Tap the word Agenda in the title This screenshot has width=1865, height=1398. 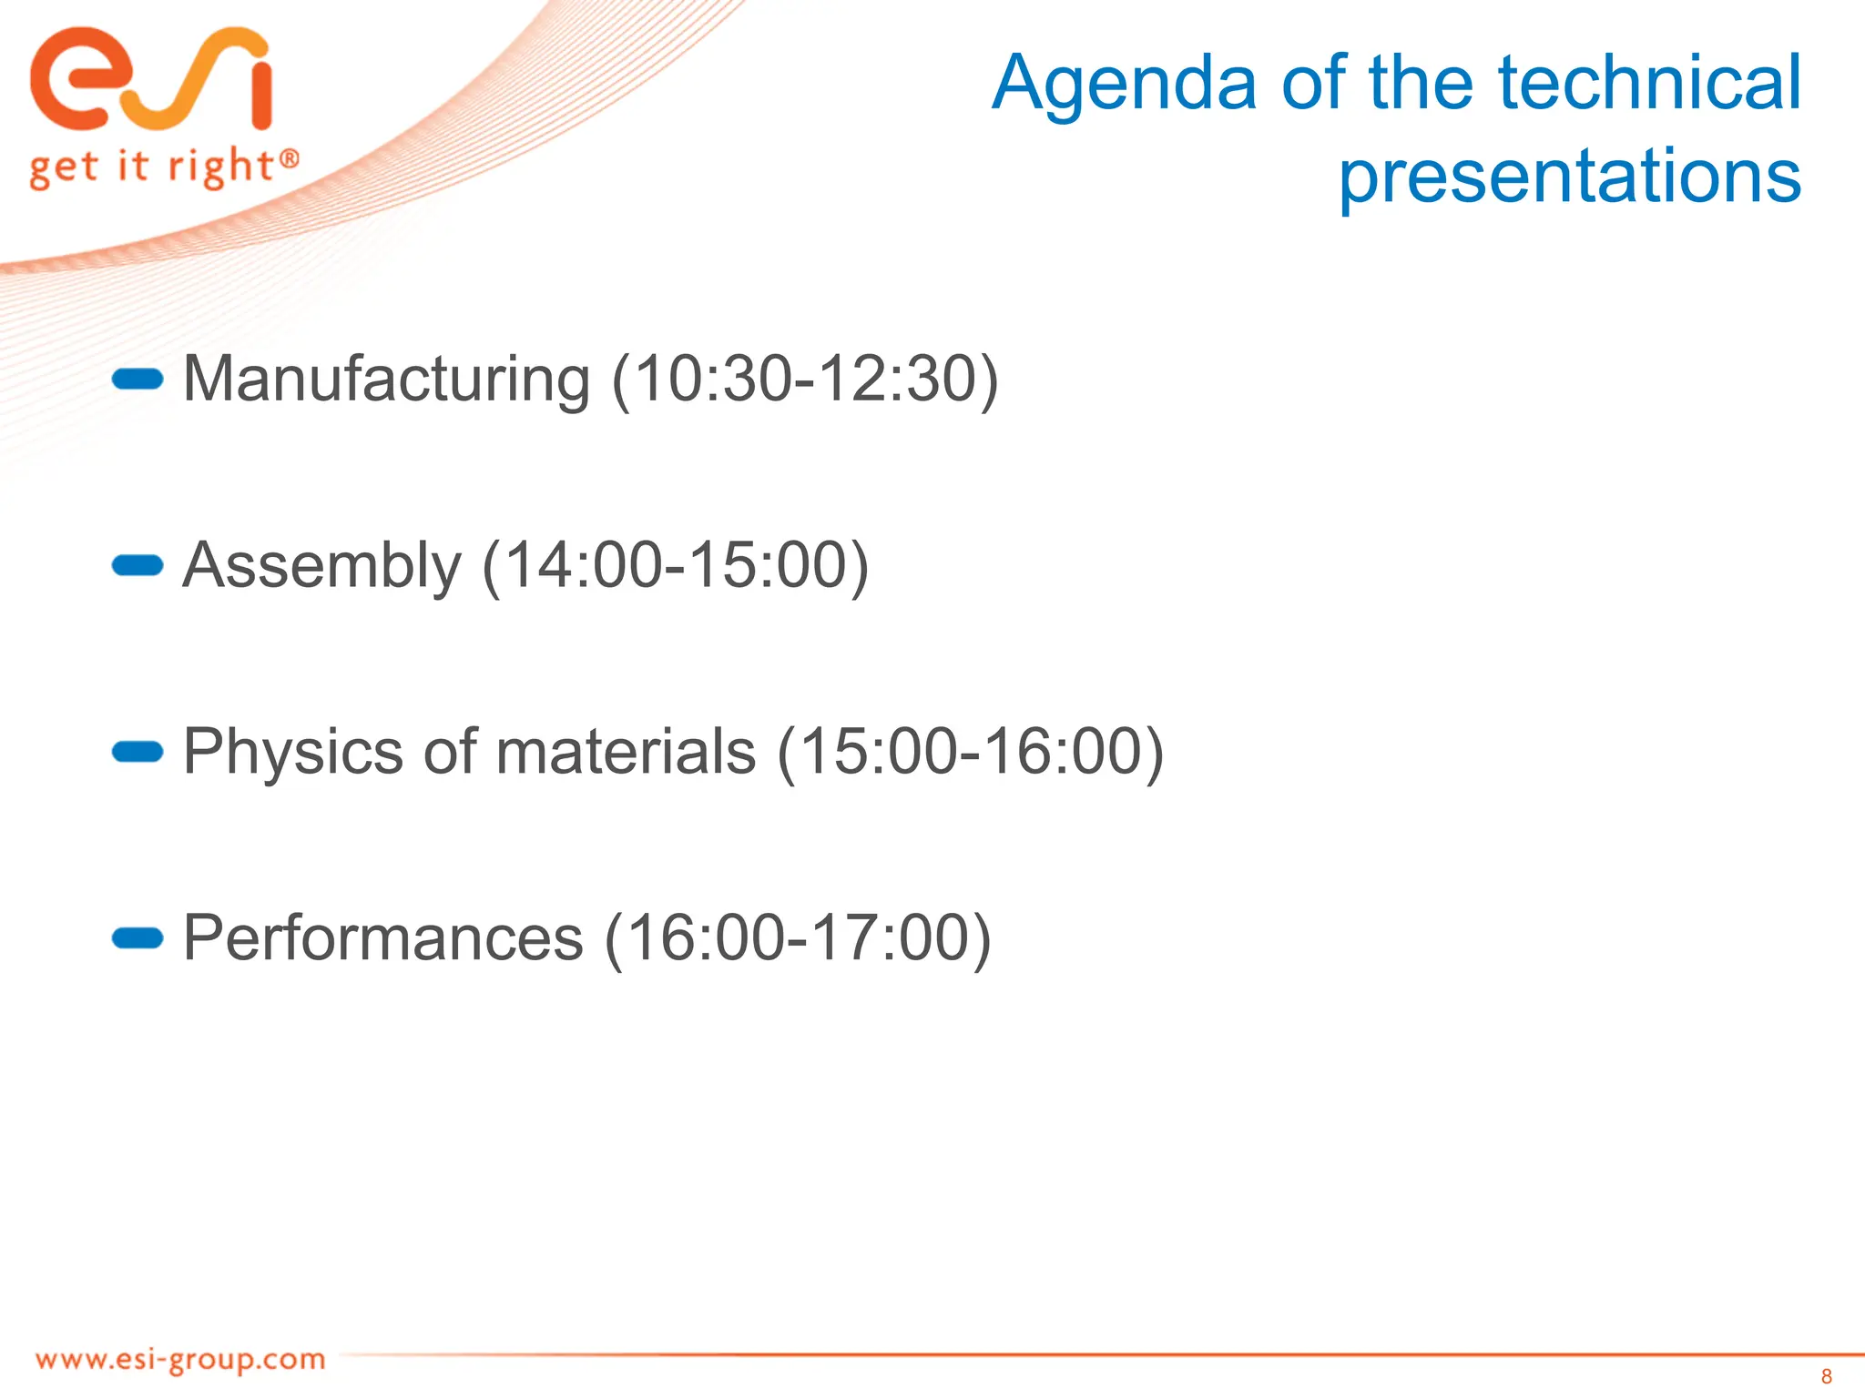coord(1125,84)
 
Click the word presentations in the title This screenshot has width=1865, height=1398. coord(1569,176)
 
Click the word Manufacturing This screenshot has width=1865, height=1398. coord(386,379)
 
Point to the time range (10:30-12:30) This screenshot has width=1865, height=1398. coord(805,379)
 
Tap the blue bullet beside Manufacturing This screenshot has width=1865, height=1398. coord(137,380)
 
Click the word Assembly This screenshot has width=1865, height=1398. coord(322,565)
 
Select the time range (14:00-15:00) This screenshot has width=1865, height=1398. coord(675,565)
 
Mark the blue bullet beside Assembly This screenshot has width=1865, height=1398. coord(137,566)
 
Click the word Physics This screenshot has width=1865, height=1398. coord(292,752)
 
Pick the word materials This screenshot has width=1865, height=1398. coord(626,752)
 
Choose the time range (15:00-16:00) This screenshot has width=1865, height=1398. coord(970,752)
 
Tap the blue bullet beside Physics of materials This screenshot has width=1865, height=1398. coord(137,752)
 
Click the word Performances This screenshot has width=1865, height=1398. coord(382,938)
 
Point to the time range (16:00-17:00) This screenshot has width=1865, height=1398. coord(798,938)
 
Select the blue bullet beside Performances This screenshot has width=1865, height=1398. coord(137,938)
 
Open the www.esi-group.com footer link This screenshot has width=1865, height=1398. coord(180,1360)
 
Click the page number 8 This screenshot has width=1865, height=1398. coord(1826,1376)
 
